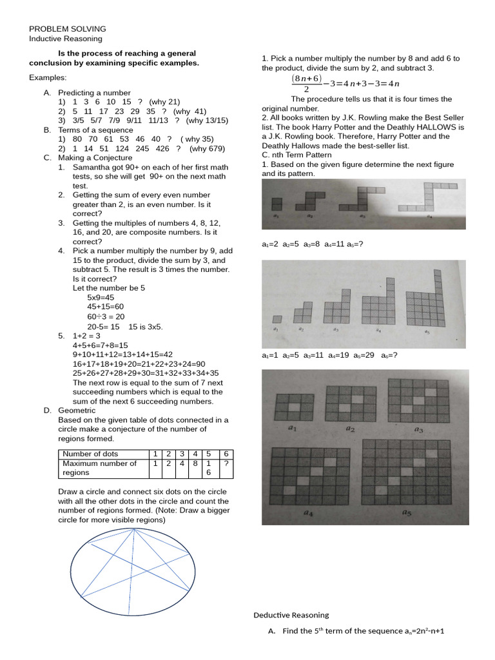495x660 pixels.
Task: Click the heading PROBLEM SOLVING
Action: click(68, 29)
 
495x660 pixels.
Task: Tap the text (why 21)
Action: click(164, 102)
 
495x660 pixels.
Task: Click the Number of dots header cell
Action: click(91, 454)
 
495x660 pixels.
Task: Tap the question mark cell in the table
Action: click(226, 463)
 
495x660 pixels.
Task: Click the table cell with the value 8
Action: click(194, 463)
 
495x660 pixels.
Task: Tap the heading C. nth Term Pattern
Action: click(296, 155)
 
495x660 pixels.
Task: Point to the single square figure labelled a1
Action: click(277, 319)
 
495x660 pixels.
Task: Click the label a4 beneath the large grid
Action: click(309, 514)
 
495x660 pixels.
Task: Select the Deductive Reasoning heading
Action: click(291, 615)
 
